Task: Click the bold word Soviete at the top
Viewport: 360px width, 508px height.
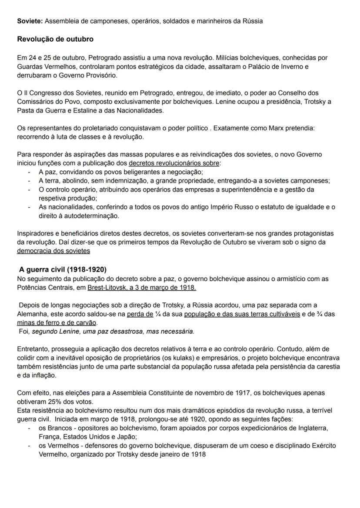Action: (30, 21)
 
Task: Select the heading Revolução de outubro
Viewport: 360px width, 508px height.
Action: (55, 39)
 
